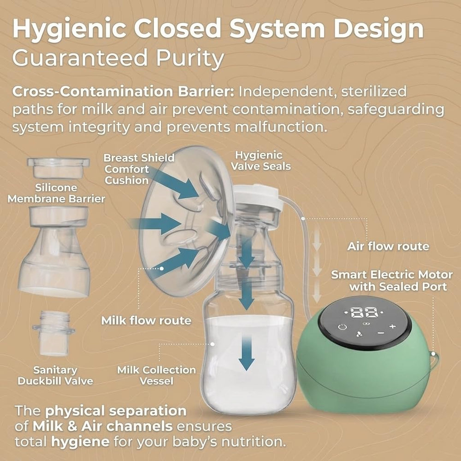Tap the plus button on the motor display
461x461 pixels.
click(392, 326)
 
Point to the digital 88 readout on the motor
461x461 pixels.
click(364, 313)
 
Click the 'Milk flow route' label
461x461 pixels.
click(146, 320)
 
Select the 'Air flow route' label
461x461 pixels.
click(388, 246)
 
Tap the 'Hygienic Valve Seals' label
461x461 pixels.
click(260, 161)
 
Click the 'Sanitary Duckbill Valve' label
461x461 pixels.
click(55, 375)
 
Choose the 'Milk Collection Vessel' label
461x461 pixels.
click(156, 375)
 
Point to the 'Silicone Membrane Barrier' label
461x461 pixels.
click(56, 193)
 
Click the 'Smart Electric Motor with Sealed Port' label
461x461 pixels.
click(392, 280)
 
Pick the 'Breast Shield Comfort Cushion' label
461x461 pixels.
click(139, 169)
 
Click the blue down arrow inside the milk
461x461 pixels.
click(246, 353)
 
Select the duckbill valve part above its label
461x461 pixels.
click(53, 333)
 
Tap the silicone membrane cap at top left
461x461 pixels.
click(58, 168)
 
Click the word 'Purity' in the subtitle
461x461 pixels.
click(190, 58)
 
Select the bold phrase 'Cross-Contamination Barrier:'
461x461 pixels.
click(123, 92)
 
